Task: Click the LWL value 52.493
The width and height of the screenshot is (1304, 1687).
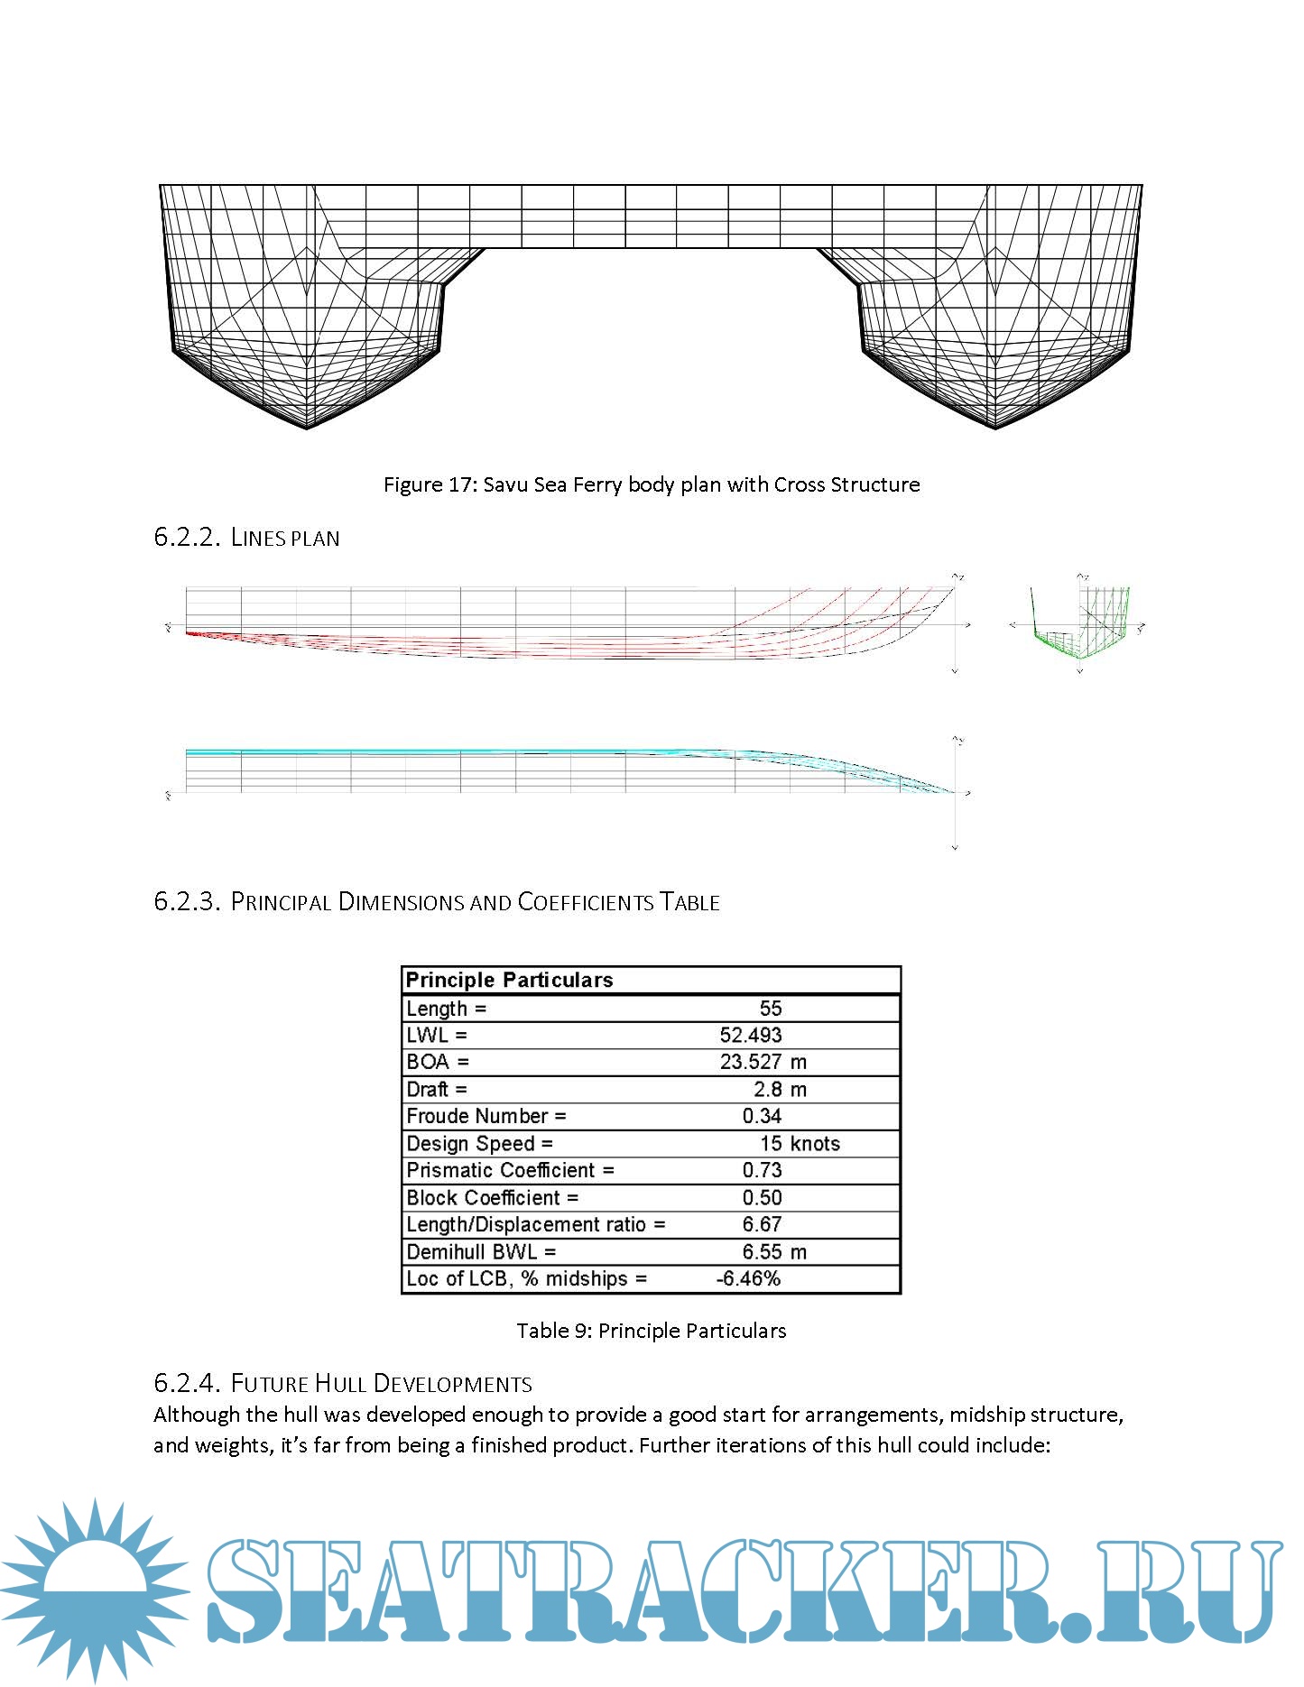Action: (750, 1036)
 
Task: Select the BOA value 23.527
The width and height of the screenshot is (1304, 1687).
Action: (750, 1062)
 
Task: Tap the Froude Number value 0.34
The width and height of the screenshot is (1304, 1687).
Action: (762, 1117)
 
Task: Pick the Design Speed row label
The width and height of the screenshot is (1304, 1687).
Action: (479, 1144)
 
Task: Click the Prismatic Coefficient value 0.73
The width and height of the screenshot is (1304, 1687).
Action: (762, 1171)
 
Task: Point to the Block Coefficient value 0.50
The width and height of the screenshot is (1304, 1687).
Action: (762, 1198)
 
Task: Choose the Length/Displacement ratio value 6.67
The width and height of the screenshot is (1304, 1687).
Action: (762, 1225)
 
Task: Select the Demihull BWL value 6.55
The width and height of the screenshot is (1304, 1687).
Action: (762, 1252)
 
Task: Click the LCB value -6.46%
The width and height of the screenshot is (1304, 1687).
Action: (748, 1279)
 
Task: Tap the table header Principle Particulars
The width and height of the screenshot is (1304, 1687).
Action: (509, 981)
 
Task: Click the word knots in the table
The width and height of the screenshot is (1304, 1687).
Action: (815, 1144)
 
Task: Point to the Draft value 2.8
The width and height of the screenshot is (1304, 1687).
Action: (767, 1090)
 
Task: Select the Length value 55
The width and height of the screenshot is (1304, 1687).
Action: (770, 1009)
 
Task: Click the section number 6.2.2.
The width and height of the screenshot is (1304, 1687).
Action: (187, 538)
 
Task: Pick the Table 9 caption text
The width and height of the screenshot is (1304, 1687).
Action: (651, 1331)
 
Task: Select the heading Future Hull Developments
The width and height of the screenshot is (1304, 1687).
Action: (381, 1384)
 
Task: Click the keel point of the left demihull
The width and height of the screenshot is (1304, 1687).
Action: (307, 428)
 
